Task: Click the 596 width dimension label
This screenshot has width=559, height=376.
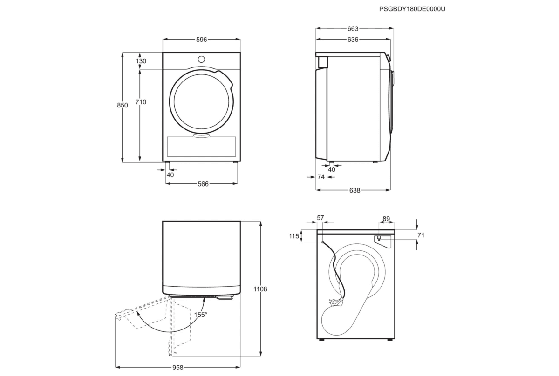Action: (201, 40)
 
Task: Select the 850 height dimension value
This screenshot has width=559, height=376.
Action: (122, 106)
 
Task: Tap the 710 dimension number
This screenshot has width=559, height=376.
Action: (141, 102)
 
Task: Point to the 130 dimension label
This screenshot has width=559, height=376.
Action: (141, 61)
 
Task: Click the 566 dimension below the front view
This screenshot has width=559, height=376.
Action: (203, 184)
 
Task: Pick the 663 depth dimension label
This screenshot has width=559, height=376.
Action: (353, 29)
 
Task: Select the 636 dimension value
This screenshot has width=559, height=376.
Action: (353, 40)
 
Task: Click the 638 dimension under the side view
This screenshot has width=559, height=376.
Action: (354, 190)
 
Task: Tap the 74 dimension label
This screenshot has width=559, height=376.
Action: (320, 177)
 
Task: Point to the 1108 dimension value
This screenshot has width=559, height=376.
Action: (261, 289)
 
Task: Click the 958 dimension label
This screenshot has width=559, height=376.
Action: (177, 368)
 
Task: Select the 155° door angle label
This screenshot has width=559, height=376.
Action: (200, 315)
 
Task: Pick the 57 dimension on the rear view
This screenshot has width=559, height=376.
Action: (320, 218)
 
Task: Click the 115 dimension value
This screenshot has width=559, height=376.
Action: (293, 236)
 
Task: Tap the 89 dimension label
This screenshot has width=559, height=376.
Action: (386, 218)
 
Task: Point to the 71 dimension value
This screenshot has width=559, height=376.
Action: (421, 235)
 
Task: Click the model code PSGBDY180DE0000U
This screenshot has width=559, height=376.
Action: (409, 9)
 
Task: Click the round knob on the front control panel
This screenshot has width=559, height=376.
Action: (201, 59)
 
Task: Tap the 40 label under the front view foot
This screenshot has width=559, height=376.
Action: (170, 175)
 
